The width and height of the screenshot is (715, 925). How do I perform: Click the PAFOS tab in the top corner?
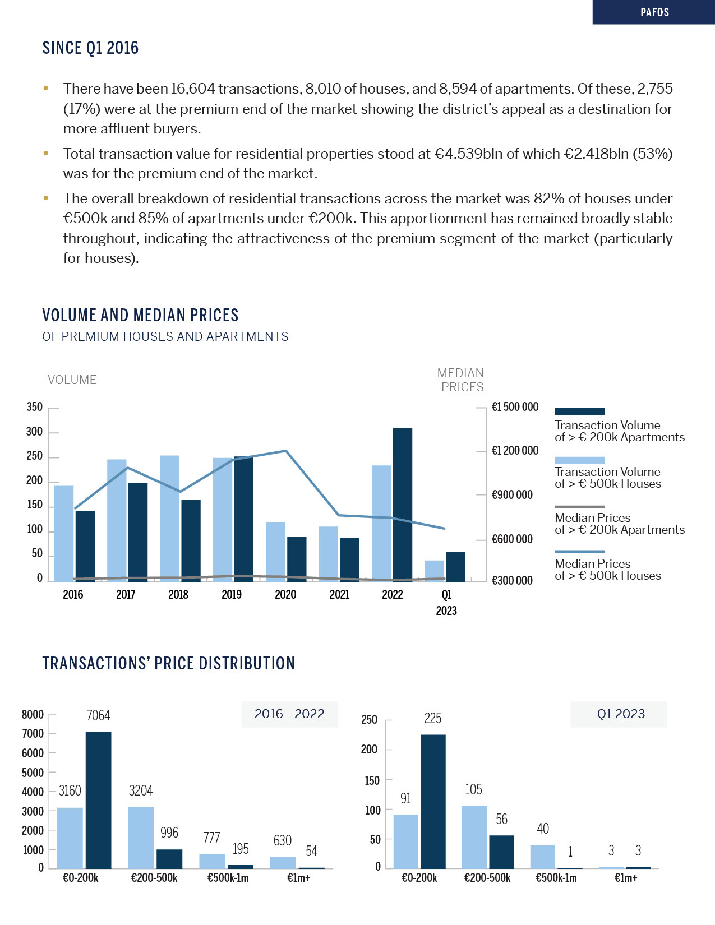point(654,12)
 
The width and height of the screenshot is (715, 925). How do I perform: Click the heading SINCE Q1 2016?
point(90,48)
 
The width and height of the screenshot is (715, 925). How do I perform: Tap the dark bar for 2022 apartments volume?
point(403,504)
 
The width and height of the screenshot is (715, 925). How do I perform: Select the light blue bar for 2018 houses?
point(170,518)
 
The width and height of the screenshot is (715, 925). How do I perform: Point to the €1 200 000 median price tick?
point(515,451)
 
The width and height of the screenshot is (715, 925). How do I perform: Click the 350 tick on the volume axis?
point(35,407)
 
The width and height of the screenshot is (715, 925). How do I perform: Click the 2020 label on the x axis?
point(285,595)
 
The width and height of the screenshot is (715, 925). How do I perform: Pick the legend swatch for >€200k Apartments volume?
point(579,411)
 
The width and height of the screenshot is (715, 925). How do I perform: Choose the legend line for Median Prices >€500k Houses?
point(579,552)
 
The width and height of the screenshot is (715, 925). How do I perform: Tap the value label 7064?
point(98,715)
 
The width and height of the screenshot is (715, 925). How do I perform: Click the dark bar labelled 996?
point(169,858)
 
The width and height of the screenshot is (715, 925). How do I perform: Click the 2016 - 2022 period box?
point(289,714)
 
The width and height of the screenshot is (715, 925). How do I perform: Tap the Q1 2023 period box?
point(620,714)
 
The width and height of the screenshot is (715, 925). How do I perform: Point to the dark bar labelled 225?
point(433,801)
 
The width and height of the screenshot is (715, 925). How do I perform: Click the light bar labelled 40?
point(543,856)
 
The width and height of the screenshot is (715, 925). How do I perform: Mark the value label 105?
point(473,789)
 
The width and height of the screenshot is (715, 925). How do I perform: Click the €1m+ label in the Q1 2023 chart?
point(626,878)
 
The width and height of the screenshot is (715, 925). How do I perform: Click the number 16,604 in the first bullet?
point(193,89)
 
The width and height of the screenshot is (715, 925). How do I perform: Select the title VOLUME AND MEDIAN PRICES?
point(140,315)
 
